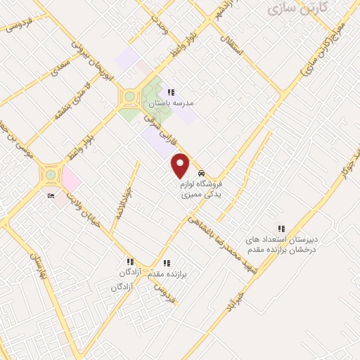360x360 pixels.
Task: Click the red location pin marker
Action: click(x=181, y=165)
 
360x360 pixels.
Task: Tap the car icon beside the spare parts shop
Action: click(x=202, y=174)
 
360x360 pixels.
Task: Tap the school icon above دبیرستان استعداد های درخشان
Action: click(x=281, y=229)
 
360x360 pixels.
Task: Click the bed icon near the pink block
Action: click(x=50, y=196)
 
